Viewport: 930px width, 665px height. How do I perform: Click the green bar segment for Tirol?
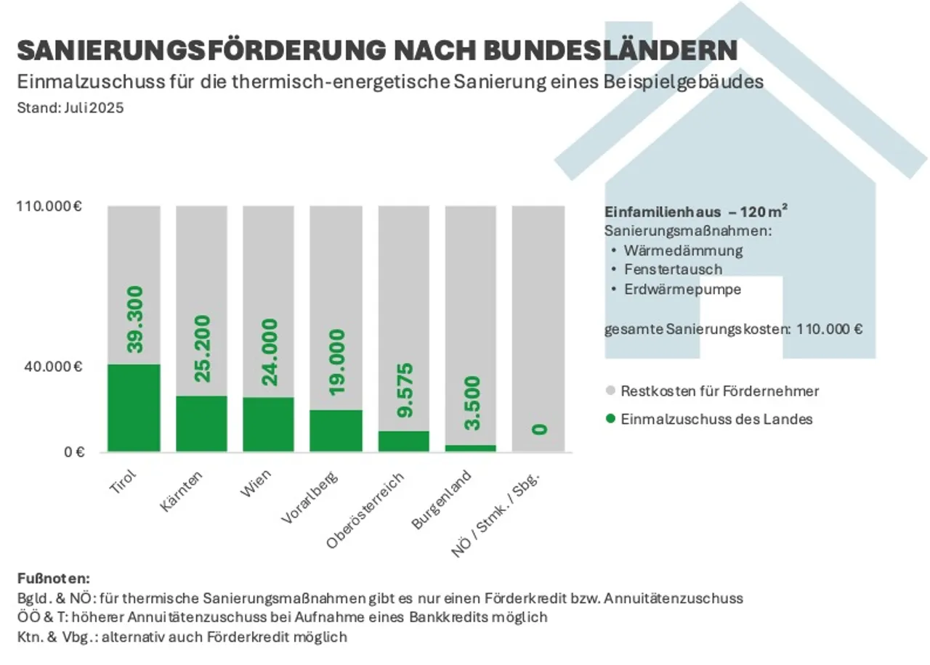point(134,407)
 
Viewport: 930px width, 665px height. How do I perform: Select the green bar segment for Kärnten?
point(201,423)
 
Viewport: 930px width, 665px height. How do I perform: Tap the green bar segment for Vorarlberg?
point(336,431)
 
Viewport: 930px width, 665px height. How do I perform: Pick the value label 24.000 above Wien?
point(268,351)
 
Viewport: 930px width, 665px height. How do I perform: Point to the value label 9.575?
point(403,390)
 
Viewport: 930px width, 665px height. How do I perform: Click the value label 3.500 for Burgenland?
point(471,403)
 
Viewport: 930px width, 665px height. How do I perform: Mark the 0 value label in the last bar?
point(538,430)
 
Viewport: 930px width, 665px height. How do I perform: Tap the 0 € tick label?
point(75,452)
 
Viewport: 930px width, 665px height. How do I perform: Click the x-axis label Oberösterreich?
point(365,509)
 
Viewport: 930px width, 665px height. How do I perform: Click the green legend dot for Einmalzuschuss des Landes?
point(610,419)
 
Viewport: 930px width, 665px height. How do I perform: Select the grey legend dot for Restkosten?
point(610,391)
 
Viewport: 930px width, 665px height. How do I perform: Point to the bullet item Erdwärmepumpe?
point(682,289)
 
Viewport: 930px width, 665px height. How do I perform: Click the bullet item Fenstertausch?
point(673,269)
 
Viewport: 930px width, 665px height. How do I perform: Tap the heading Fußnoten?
point(52,579)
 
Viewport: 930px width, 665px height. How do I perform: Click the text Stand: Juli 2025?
point(70,108)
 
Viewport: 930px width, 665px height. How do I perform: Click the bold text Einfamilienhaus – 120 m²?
point(696,212)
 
